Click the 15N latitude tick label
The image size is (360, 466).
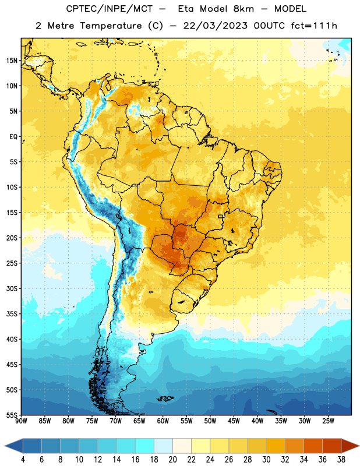pos(12,61)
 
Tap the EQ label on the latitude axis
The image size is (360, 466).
pos(13,137)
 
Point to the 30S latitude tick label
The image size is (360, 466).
pos(12,288)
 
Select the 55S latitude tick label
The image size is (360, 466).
pos(12,415)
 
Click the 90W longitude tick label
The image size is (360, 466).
pos(21,421)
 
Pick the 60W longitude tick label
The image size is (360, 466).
pos(163,421)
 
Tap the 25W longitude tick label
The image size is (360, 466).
pos(328,421)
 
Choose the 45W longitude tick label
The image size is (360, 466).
pos(234,421)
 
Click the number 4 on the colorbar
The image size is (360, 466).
pos(23,460)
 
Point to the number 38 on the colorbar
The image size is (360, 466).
pos(341,460)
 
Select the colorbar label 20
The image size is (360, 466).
pos(172,460)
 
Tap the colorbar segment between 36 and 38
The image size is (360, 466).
pos(332,447)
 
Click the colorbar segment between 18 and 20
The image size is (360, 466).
pos(164,447)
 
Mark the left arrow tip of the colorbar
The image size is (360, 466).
pos(5,447)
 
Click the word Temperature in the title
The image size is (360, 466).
pos(111,26)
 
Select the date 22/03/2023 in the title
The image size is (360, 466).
pos(215,26)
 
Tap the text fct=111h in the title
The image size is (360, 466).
pos(314,26)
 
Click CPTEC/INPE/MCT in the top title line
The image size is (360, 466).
pos(110,9)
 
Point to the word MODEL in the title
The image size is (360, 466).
pos(291,9)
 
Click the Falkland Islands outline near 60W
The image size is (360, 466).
pos(165,398)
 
